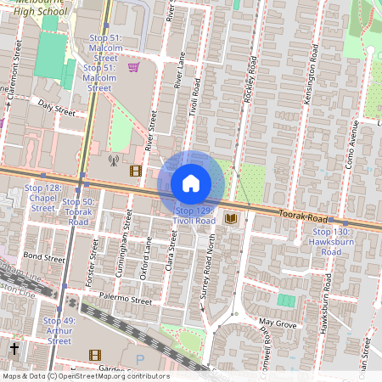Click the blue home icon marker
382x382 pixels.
pos(191,183)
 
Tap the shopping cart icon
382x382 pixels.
pos(133,66)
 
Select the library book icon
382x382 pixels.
pos(230,219)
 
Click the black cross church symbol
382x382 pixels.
pos(14,348)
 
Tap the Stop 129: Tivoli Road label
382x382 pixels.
pos(194,215)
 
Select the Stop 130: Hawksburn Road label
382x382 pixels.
pos(331,242)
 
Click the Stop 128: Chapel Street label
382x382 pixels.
pos(42,197)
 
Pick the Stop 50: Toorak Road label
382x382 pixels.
pos(77,211)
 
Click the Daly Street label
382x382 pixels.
pos(57,107)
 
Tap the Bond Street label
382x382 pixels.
pos(44,256)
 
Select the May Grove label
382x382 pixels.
pos(278,323)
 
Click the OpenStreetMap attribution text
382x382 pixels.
pos(86,376)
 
